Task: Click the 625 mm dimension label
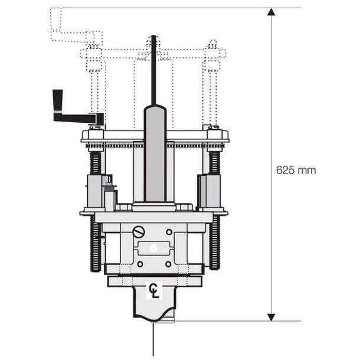tap(296, 171)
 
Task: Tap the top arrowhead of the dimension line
tap(271, 12)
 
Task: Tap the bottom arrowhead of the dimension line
tap(271, 317)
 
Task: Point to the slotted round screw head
tap(139, 232)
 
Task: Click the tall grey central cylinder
tap(155, 153)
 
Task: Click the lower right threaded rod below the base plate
tap(215, 242)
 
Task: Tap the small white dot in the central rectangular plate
tap(154, 248)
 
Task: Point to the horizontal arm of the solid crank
tap(77, 117)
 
